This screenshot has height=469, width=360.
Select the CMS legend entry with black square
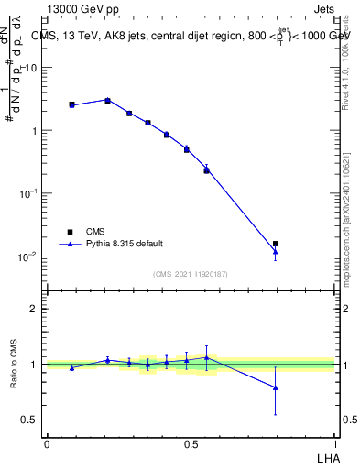coord(93,232)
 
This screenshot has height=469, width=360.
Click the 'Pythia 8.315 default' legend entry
coord(125,244)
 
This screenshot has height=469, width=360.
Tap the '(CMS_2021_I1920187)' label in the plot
coord(191,274)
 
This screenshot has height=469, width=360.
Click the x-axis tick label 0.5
coord(191,443)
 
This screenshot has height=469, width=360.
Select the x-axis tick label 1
coord(335,443)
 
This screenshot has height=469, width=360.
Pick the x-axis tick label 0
coord(47,443)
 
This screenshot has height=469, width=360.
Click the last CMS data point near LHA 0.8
coord(276,244)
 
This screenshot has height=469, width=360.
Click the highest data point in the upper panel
coord(107,100)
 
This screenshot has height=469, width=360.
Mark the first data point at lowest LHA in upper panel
coord(71,104)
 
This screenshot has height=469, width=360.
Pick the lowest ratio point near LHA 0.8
coord(276,387)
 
